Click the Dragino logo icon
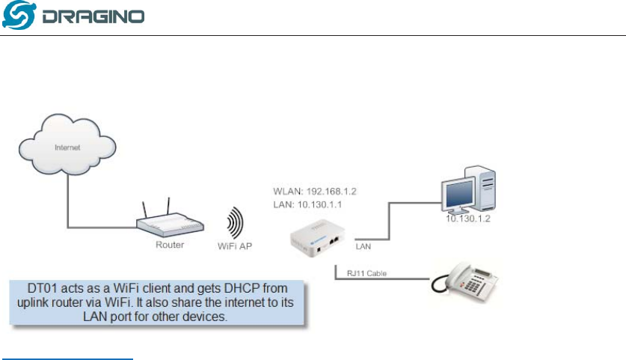coord(15,16)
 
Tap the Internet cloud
coord(68,147)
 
